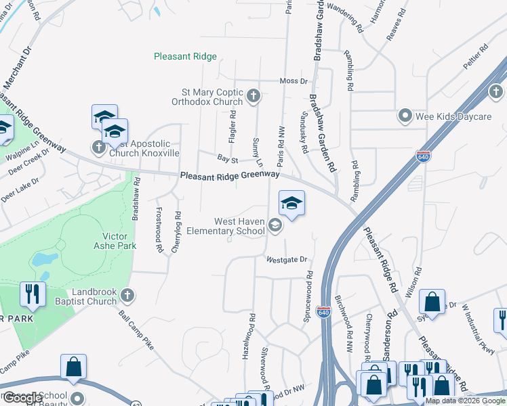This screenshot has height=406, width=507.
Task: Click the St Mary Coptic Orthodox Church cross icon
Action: [x=254, y=95]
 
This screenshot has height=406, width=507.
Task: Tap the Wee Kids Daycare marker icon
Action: [x=405, y=116]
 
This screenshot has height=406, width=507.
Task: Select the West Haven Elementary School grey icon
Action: [x=275, y=226]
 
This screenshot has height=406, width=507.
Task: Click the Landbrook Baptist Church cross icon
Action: [x=127, y=294]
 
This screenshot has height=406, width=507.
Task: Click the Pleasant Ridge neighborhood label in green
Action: [x=185, y=57]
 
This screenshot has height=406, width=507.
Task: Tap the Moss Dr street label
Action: [x=293, y=81]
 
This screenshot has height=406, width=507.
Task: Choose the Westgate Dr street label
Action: [x=287, y=259]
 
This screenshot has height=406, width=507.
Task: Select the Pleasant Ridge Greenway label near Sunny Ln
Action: [x=230, y=175]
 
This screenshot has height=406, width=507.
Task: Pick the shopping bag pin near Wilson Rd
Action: [x=432, y=302]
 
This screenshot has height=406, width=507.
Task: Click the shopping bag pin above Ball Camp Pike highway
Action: [x=74, y=367]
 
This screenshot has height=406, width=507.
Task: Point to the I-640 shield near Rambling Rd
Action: [x=424, y=156]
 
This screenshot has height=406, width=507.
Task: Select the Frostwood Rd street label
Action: [x=160, y=230]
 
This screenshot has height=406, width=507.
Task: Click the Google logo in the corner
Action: [x=22, y=398]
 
